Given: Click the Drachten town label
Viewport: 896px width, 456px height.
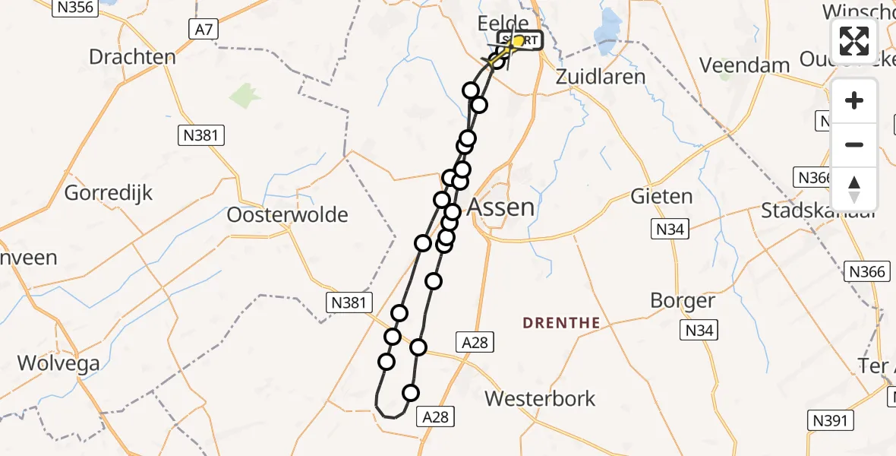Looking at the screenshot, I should click(132, 57).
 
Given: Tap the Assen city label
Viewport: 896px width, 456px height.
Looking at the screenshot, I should click(501, 207).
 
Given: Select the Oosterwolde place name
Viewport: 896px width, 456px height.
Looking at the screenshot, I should click(288, 215).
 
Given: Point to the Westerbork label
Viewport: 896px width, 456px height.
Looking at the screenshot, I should click(540, 398).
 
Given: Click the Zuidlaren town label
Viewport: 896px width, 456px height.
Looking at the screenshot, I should click(601, 77).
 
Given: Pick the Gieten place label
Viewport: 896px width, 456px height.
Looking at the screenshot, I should click(661, 197).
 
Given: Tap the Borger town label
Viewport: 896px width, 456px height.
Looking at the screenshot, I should click(683, 301).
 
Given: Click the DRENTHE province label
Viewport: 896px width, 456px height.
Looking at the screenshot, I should click(561, 323).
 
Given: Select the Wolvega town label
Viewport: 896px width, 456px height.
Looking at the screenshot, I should click(58, 363).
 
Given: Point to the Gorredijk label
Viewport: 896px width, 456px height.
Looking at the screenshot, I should click(109, 192).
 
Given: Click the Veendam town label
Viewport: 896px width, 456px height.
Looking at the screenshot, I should click(745, 65).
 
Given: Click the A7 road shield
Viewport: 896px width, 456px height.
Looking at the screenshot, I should click(203, 30).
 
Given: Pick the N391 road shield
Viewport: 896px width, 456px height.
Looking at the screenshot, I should click(831, 420).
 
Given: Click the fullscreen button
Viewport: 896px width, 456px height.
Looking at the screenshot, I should click(854, 41).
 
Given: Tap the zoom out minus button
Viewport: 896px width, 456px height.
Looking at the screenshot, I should click(854, 144).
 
